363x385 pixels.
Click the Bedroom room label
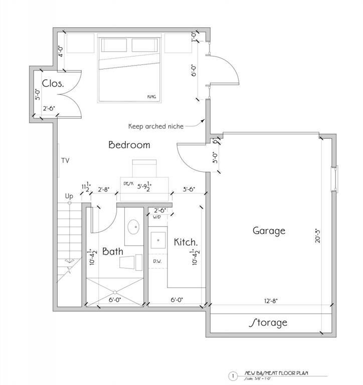point(129,145)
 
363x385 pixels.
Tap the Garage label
point(269,231)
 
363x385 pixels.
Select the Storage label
point(269,322)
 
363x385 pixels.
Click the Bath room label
point(113,251)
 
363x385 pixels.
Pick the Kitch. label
point(186,243)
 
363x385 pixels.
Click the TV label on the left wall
point(65,161)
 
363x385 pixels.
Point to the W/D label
point(157,217)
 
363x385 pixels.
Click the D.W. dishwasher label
point(157,262)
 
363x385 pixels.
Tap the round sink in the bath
point(133,228)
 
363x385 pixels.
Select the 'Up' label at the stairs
point(69,196)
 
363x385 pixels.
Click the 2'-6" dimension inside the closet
point(49,108)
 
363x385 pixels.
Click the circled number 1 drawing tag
point(232,374)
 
